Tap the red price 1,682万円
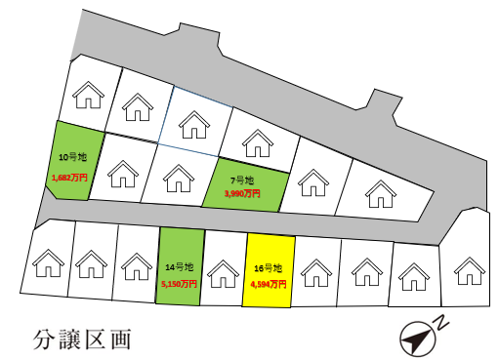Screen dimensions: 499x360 pos(69,179)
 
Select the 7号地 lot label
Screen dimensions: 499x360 pos(242,180)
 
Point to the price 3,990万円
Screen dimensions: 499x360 pos(242,193)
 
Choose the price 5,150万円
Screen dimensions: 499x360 pos(180,284)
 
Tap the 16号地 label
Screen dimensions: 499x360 pos(268,267)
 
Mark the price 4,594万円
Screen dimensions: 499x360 pos(268,284)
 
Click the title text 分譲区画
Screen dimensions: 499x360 pos(80,341)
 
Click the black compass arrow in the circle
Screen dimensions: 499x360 pos(418,339)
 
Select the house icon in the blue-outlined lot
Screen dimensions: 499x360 pos(194,124)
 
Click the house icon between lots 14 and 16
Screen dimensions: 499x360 pos(224,272)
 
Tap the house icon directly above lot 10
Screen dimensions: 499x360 pos(88,96)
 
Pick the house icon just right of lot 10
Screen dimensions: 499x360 pos(122,175)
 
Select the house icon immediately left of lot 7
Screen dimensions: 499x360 pos(177,177)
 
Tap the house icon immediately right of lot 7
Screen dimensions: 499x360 pos(312,181)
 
